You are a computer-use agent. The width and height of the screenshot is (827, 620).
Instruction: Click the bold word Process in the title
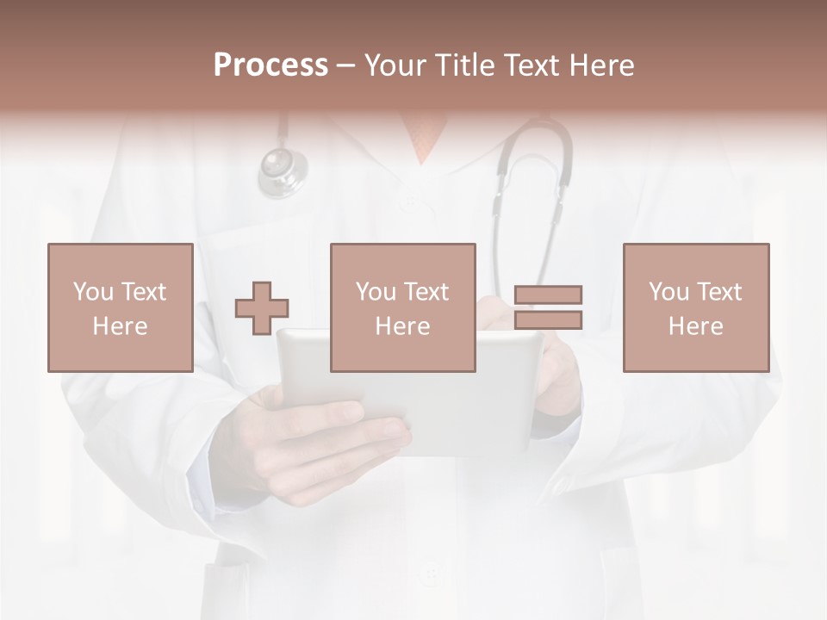click(270, 65)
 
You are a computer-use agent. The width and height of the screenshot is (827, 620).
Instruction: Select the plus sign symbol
click(262, 308)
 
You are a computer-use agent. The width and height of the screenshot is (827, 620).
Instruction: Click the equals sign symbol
click(548, 307)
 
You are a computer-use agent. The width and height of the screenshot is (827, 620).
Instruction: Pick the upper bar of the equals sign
click(548, 294)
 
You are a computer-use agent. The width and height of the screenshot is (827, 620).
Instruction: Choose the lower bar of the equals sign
click(548, 320)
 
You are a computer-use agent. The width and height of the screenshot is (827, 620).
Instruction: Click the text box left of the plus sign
click(120, 307)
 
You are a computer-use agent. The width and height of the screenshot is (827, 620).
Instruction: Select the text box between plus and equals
click(402, 307)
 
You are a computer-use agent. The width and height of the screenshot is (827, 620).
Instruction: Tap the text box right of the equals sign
click(695, 307)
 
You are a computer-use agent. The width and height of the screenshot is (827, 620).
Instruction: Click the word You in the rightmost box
click(668, 292)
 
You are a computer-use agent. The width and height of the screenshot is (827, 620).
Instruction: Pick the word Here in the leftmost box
click(120, 326)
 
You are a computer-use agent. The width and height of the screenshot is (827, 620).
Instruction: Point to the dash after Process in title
click(345, 65)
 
